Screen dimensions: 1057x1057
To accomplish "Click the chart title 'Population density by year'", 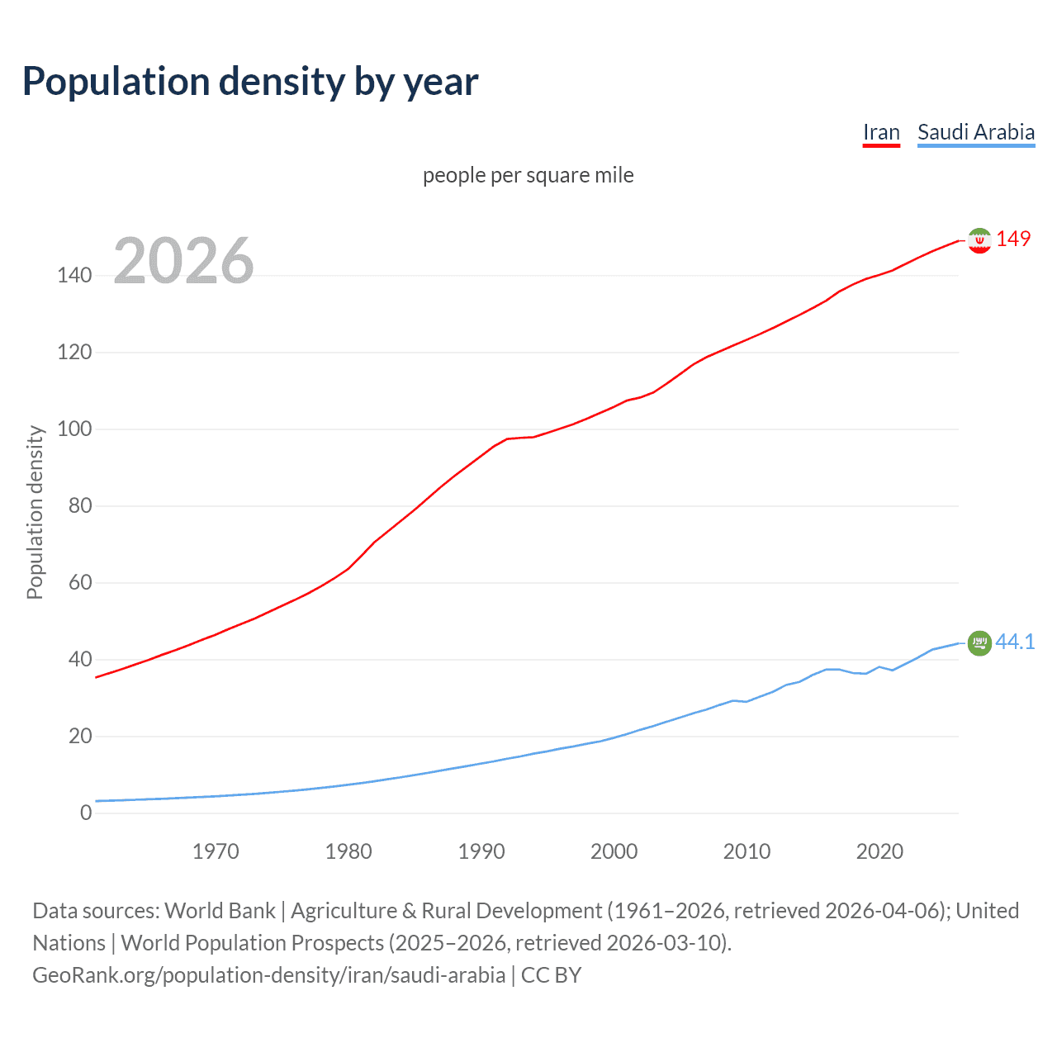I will point(250,82).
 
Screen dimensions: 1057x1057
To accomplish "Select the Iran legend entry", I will point(881,132).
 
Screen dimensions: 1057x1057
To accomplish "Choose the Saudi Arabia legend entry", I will point(976,132).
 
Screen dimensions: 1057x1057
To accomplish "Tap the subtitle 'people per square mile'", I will point(528,176).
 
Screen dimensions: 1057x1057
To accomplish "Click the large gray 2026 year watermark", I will point(183,261).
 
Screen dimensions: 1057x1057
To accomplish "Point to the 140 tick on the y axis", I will point(74,276).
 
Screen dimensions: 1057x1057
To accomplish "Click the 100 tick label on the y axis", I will point(74,429).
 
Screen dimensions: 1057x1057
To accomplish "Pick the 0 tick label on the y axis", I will point(86,813).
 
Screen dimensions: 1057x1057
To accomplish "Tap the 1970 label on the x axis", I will point(216,851).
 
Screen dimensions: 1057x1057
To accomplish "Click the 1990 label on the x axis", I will point(481,851).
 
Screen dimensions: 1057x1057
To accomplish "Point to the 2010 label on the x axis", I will point(747,851).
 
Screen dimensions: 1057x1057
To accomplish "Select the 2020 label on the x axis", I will point(879,851).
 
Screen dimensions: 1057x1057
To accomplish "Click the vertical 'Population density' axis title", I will point(35,512).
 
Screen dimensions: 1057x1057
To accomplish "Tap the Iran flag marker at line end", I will point(979,240).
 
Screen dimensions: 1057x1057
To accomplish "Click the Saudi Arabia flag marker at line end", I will point(979,643).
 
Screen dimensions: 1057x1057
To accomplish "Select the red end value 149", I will point(1013,239).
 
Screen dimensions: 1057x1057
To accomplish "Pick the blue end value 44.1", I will point(1015,642).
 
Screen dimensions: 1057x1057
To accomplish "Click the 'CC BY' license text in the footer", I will point(551,975).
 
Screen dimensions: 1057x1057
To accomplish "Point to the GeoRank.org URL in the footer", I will point(268,975).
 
